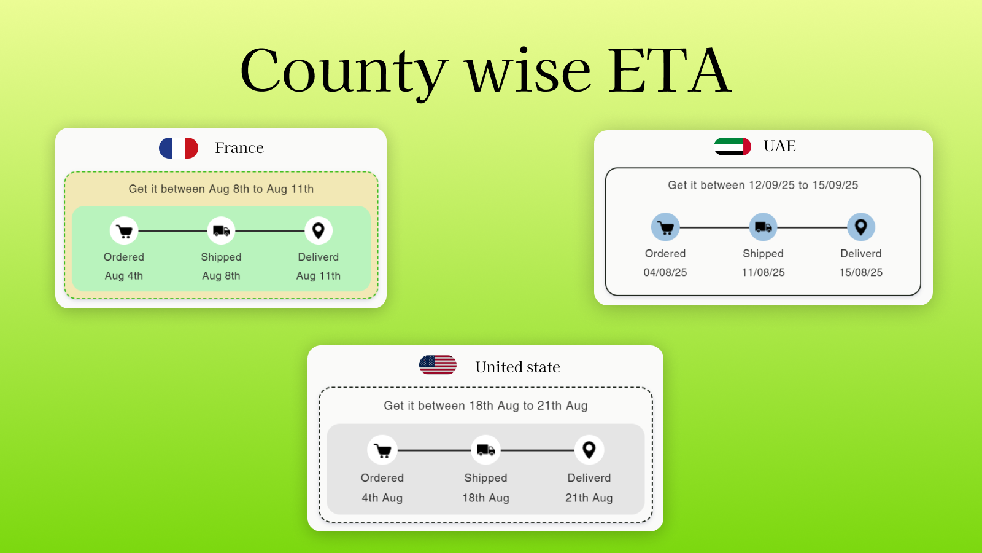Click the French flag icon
(179, 148)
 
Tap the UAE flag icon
(733, 147)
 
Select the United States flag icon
(438, 365)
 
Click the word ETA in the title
(670, 70)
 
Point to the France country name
(239, 148)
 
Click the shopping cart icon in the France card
(124, 231)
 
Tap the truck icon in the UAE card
(764, 227)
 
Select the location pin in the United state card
(589, 450)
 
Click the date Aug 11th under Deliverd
(319, 276)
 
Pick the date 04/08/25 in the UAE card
(665, 273)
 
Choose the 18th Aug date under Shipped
(485, 498)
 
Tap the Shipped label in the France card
(221, 257)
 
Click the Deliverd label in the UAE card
(861, 254)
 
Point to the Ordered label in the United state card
(382, 478)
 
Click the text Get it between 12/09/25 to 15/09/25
(763, 185)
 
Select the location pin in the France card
(319, 231)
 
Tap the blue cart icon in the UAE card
(665, 227)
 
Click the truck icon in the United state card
(485, 450)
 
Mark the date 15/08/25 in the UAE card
(861, 273)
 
